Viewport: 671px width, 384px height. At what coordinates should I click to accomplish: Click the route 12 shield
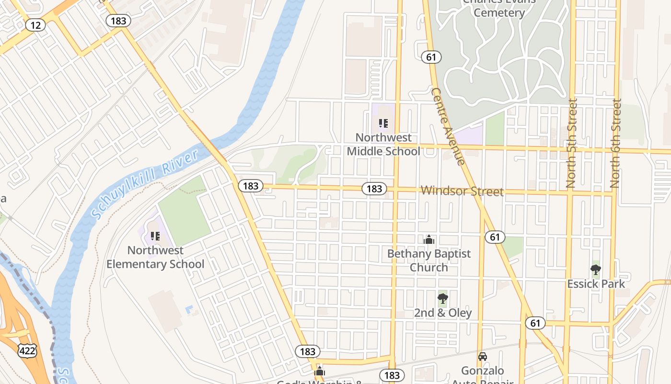(35, 24)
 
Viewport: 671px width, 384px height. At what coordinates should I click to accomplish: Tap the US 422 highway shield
(27, 351)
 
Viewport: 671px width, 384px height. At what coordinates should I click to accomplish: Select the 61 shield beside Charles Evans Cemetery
(431, 57)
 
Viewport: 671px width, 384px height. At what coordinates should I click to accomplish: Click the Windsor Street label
(462, 191)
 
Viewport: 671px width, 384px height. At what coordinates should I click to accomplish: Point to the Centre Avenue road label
(448, 126)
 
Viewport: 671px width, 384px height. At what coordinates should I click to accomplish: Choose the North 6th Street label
(615, 143)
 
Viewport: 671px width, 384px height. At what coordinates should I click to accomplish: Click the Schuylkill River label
(145, 185)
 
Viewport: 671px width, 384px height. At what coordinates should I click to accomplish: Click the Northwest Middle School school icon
(383, 123)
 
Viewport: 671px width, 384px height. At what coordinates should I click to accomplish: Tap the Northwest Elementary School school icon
(155, 236)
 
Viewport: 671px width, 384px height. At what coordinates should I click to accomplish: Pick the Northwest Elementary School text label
(155, 257)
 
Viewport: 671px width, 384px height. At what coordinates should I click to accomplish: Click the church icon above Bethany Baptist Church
(429, 240)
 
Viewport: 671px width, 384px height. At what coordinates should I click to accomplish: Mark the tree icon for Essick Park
(596, 270)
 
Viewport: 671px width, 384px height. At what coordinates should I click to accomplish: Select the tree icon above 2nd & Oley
(443, 299)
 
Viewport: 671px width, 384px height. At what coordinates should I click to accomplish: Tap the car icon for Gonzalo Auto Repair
(483, 357)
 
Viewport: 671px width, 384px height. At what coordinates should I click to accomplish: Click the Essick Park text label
(596, 284)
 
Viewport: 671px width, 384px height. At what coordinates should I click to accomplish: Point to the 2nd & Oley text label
(443, 313)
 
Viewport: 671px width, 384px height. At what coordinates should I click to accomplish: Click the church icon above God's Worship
(320, 371)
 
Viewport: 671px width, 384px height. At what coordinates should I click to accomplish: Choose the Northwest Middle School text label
(383, 144)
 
